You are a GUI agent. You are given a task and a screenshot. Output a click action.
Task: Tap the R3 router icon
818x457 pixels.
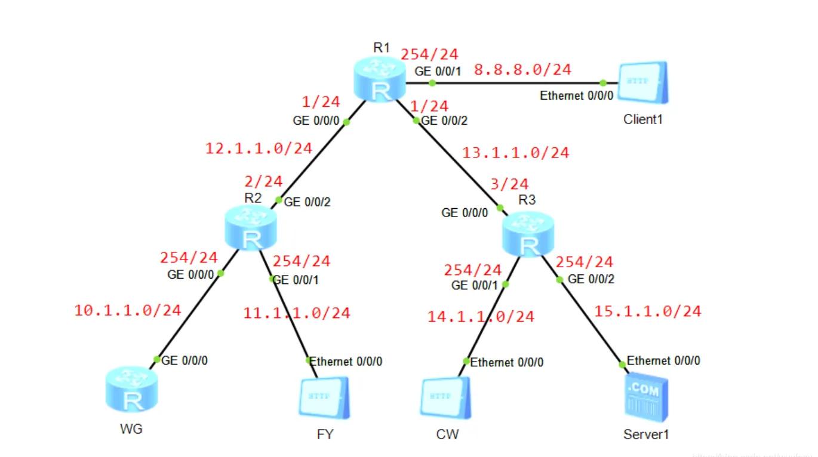coord(528,235)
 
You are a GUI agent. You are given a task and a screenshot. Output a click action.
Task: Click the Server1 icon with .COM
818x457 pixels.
coord(645,399)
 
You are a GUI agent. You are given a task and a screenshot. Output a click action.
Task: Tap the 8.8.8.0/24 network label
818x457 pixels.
coord(522,70)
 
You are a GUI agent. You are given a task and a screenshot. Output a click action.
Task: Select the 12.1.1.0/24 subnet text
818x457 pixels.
coord(259,149)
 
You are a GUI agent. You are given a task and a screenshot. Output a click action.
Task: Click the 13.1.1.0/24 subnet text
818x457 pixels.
coord(515,153)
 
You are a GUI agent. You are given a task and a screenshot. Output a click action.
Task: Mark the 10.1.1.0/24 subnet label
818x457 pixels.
coord(127,310)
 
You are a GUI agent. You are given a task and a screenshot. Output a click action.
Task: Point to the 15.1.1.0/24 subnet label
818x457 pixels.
coord(647,311)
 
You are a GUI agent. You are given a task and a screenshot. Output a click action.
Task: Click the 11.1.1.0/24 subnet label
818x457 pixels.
coord(296,313)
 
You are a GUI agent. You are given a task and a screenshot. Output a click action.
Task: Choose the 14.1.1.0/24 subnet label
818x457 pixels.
coord(480,317)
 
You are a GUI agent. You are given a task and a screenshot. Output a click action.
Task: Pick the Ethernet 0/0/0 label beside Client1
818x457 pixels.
coord(576,96)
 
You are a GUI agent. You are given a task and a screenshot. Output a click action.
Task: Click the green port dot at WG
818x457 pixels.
coord(157,359)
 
